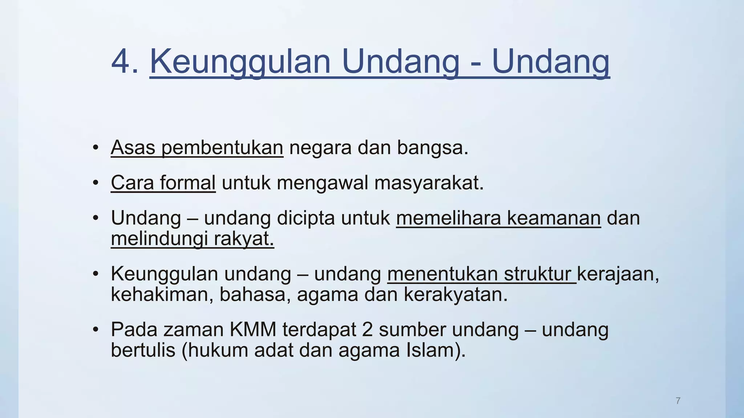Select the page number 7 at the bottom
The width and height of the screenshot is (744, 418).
coord(678,401)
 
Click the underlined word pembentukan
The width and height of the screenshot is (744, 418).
coord(222,148)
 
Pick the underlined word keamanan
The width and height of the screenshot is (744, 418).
coord(554,218)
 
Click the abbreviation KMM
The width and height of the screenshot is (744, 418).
coord(253,330)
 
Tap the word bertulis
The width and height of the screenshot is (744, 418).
coord(143,350)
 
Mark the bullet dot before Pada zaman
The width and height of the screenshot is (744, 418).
coord(96,330)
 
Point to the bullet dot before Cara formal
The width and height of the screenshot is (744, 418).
coord(96,183)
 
